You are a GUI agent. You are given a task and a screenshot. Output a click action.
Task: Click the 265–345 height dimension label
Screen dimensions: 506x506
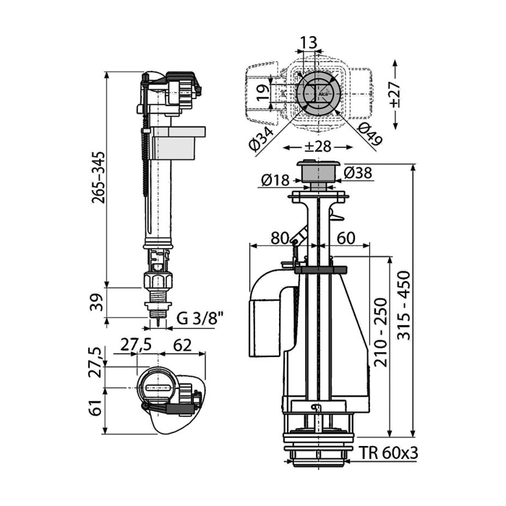[98, 177]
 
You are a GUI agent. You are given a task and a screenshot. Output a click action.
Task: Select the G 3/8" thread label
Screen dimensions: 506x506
[200, 319]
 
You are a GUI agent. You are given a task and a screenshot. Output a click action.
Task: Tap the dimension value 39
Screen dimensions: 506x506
[97, 302]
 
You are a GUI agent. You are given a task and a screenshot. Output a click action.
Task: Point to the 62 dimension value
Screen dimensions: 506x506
[182, 346]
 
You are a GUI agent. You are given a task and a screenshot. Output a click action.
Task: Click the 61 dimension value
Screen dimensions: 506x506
[96, 407]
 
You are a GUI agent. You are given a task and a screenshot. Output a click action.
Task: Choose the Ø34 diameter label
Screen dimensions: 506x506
[262, 138]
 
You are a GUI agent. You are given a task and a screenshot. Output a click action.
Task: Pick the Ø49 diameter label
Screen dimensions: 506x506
[370, 134]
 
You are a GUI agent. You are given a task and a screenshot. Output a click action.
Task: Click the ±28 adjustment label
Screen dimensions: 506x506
[318, 147]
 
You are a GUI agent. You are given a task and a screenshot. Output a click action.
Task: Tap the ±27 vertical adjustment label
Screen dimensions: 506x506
[395, 94]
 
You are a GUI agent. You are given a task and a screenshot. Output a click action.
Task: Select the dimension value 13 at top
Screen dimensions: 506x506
[309, 42]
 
